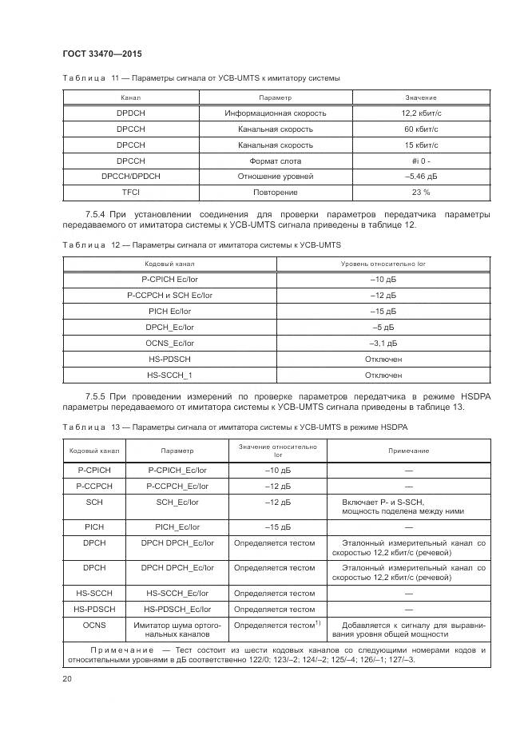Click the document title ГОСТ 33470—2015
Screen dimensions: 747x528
pos(101,54)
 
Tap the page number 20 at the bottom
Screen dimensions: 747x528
pos(67,679)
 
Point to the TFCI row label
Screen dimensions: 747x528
pos(130,193)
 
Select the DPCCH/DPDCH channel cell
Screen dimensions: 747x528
pos(130,177)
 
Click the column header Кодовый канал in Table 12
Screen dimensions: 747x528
pos(169,263)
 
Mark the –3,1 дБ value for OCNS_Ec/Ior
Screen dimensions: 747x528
pos(383,343)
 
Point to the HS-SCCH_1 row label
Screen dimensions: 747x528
pos(169,374)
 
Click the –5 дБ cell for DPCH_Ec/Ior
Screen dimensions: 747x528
pos(383,327)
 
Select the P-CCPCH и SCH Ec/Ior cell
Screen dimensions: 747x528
pos(169,295)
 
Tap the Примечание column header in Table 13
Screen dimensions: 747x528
pos(408,451)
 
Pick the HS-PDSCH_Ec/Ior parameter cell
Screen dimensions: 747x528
pos(177,608)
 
